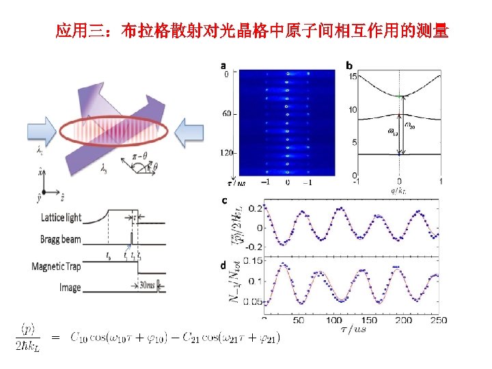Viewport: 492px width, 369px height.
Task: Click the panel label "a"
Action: tap(223, 66)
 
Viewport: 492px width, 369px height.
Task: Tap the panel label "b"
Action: tap(349, 66)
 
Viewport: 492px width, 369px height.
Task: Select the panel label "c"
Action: tap(223, 201)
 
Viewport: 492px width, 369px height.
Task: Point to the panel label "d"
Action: tap(223, 264)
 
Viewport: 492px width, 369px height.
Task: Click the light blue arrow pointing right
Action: tap(43, 130)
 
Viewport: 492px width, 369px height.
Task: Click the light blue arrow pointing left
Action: tap(189, 131)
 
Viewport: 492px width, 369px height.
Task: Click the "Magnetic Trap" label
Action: tap(56, 266)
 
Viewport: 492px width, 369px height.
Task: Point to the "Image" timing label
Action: tap(69, 287)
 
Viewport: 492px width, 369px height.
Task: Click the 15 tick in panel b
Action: tap(353, 77)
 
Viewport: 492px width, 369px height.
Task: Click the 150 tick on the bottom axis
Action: tap(368, 320)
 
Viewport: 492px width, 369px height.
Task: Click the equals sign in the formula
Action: tap(55, 336)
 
